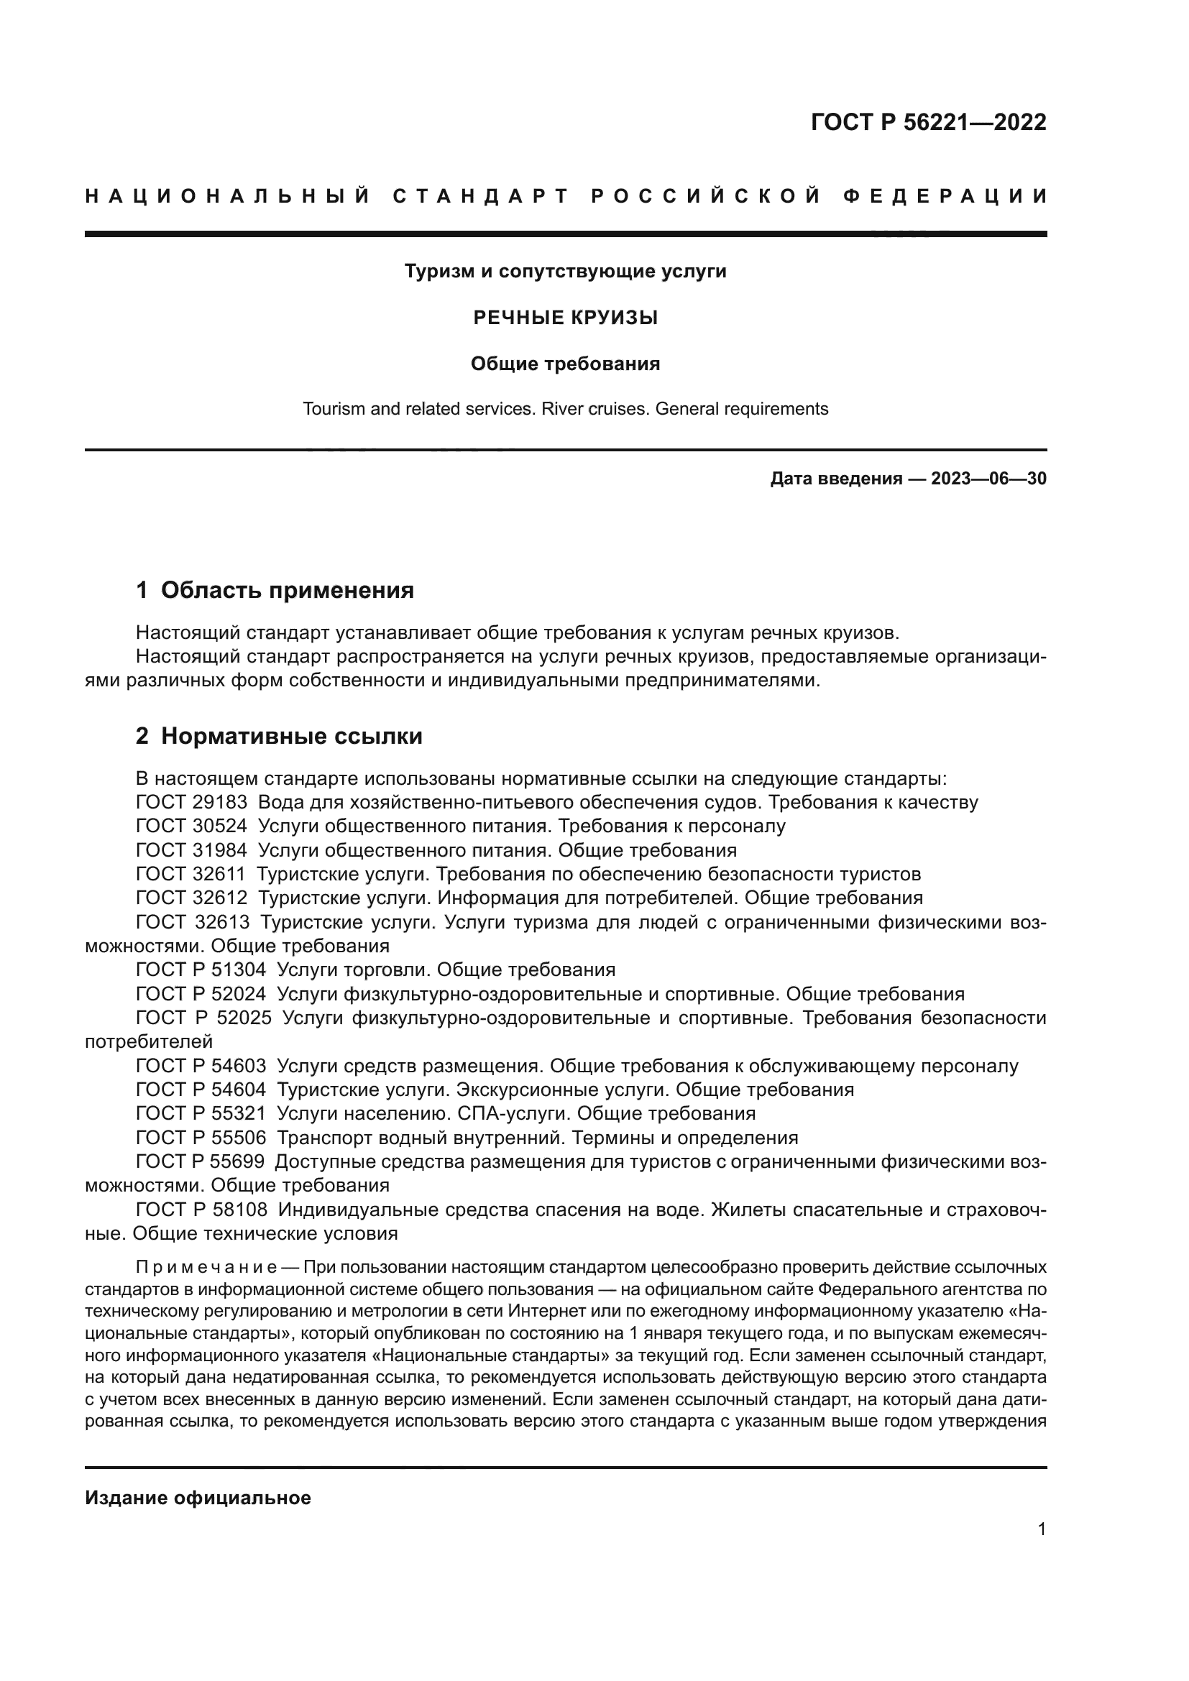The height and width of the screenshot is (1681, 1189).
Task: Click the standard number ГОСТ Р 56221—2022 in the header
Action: click(927, 122)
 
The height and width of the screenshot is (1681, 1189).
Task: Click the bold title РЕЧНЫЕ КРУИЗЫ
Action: click(565, 318)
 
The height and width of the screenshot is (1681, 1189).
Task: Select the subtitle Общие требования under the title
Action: click(565, 364)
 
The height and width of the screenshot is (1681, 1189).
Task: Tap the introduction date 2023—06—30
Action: click(988, 479)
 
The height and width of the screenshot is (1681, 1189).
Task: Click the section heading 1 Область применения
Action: click(275, 590)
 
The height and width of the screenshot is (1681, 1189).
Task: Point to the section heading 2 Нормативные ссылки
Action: click(279, 736)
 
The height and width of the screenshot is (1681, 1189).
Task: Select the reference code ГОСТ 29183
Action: click(192, 803)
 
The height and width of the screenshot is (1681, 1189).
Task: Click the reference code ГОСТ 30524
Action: click(192, 826)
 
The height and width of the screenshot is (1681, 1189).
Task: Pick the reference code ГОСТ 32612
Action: click(192, 898)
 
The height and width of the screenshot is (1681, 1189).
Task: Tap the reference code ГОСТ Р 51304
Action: click(201, 970)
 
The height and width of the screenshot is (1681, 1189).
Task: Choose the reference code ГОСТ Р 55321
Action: click(201, 1113)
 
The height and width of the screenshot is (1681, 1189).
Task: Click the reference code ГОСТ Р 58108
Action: click(201, 1210)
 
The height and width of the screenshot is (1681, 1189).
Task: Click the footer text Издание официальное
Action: click(198, 1498)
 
